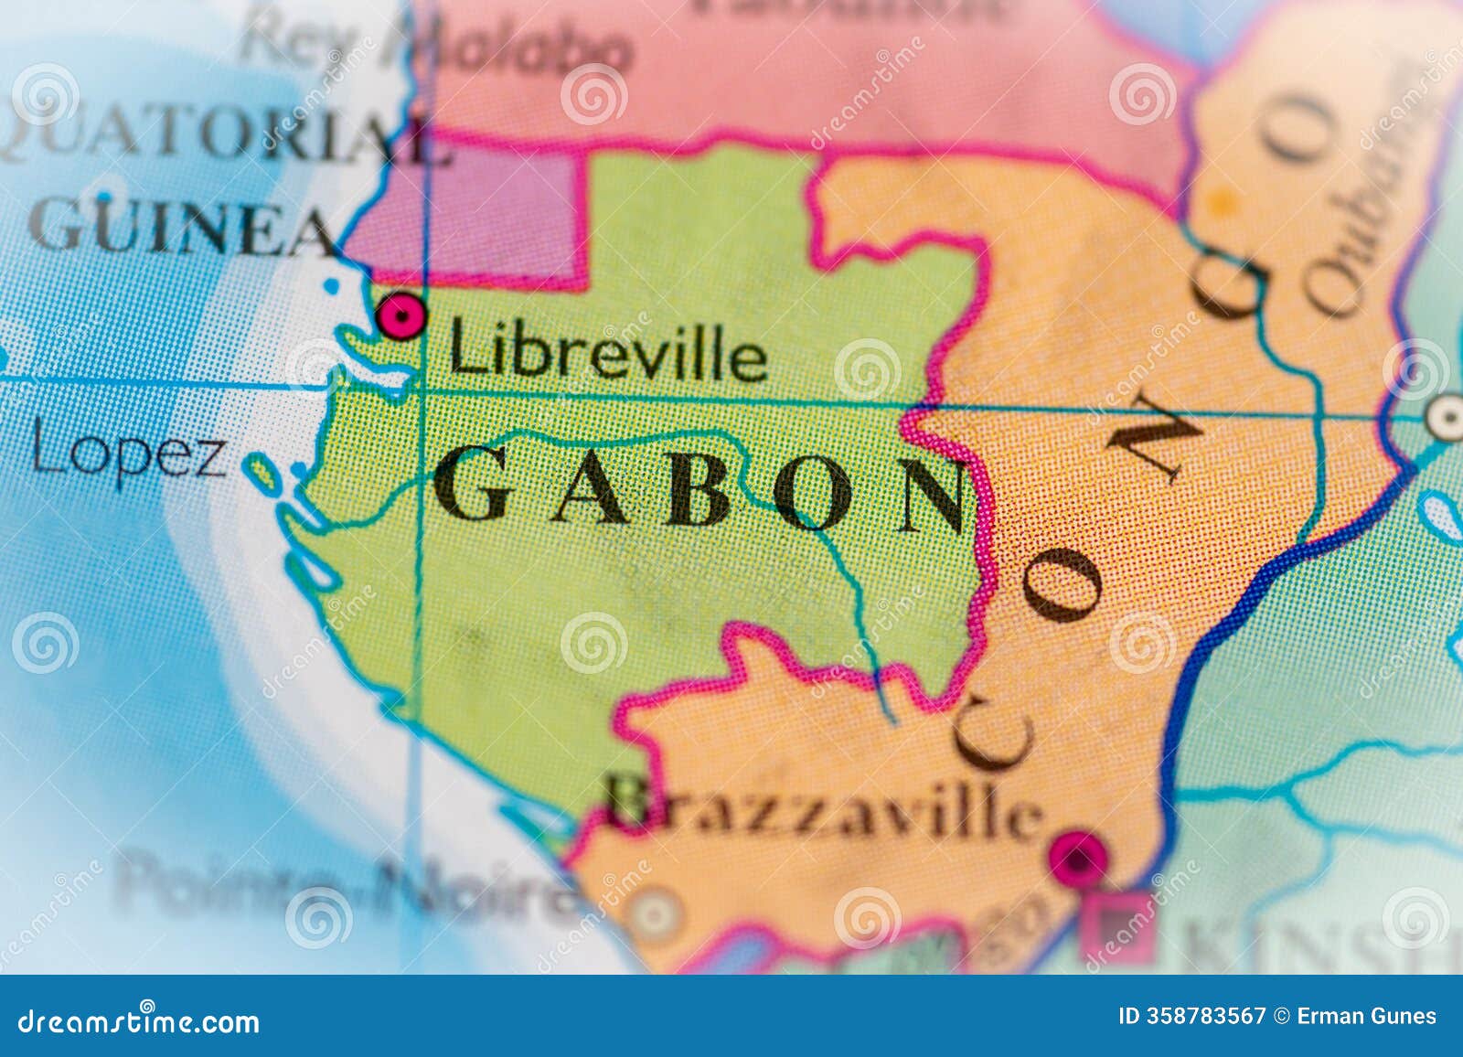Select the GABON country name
click(699, 495)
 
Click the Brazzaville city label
click(823, 809)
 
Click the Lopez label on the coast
click(128, 454)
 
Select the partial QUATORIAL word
click(219, 146)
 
